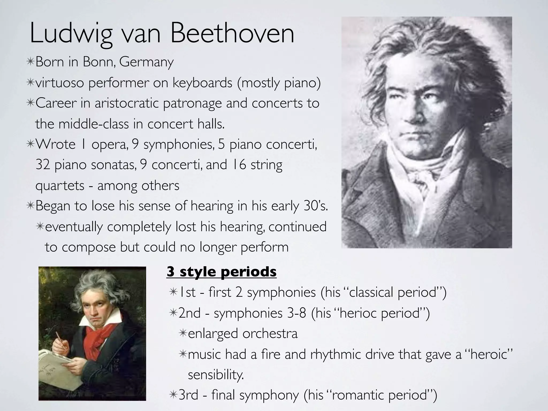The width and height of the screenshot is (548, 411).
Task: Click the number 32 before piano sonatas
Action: pyautogui.click(x=43, y=165)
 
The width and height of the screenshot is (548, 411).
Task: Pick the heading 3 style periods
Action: pyautogui.click(x=221, y=272)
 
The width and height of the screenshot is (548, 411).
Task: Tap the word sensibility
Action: pyautogui.click(x=216, y=375)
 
